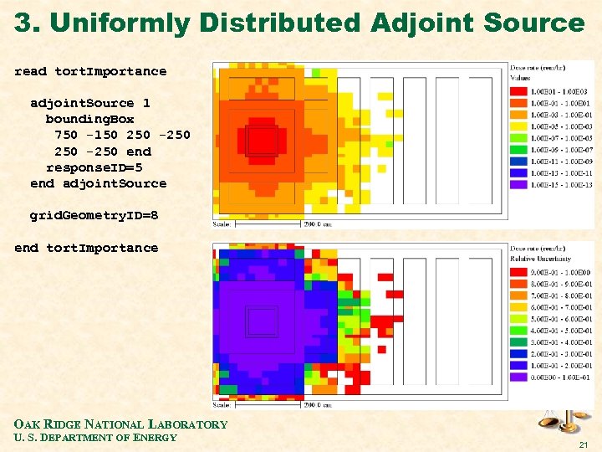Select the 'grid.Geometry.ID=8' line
(x=94, y=216)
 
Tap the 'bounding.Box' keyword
(x=89, y=120)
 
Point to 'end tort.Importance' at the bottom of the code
(x=86, y=248)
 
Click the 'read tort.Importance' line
(x=90, y=72)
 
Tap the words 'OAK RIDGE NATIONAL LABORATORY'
(x=120, y=424)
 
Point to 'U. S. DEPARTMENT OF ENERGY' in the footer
(x=95, y=438)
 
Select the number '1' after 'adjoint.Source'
(x=146, y=104)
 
